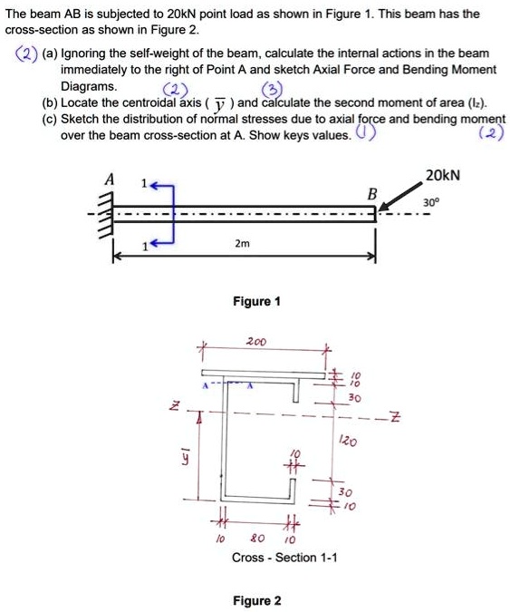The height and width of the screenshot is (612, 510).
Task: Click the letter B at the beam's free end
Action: pyautogui.click(x=370, y=195)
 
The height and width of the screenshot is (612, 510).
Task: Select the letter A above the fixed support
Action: pyautogui.click(x=110, y=180)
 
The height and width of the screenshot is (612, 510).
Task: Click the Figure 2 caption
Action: pyautogui.click(x=257, y=601)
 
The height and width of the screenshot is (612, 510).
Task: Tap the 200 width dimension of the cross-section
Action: pyautogui.click(x=256, y=343)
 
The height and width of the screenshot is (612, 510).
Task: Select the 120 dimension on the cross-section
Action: pyautogui.click(x=346, y=442)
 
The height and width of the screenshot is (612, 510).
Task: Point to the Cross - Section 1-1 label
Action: pyautogui.click(x=284, y=558)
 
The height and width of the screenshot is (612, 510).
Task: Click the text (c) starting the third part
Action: pyautogui.click(x=48, y=119)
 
